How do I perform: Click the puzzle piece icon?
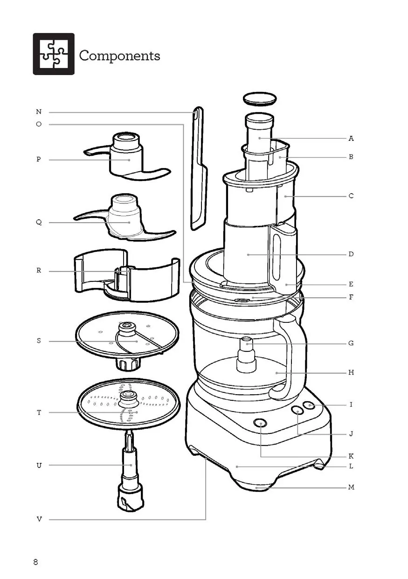point(54,54)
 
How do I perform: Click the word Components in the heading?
point(120,56)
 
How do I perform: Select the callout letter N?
point(39,112)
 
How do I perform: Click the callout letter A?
point(351,139)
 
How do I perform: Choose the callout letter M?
point(351,487)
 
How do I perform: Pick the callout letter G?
point(351,343)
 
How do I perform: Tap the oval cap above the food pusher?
point(260,99)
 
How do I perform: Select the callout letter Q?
point(39,222)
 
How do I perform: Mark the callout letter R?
point(39,271)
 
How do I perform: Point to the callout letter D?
point(351,254)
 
